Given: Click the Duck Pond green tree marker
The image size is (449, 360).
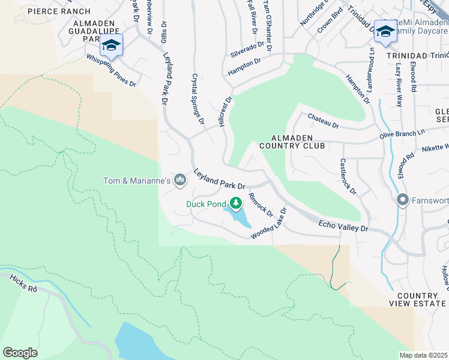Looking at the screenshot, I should click(237, 203).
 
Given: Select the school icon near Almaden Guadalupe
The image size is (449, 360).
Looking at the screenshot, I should click(111, 45).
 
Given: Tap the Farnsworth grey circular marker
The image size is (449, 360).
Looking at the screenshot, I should click(402, 200).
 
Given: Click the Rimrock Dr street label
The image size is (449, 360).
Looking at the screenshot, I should click(261, 205).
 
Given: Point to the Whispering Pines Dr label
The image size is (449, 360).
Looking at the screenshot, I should click(112, 71).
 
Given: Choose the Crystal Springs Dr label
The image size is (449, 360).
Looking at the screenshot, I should click(197, 98).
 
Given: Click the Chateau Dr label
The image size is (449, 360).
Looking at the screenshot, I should click(323, 121).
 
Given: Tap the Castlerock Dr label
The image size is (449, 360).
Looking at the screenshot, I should click(348, 176).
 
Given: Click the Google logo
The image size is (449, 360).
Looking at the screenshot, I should click(20, 352).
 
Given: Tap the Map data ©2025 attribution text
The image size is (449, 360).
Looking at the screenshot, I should click(423, 355).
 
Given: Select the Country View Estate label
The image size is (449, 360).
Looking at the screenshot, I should click(417, 300).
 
